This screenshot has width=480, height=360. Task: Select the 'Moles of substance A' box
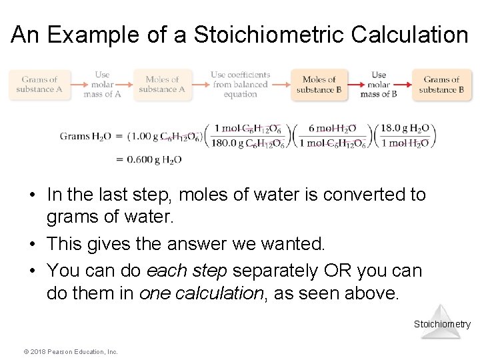coord(162,85)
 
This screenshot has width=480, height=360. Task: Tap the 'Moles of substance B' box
coord(319,85)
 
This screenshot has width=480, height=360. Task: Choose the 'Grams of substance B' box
coord(442,85)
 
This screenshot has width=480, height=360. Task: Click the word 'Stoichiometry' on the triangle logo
coord(442,325)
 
